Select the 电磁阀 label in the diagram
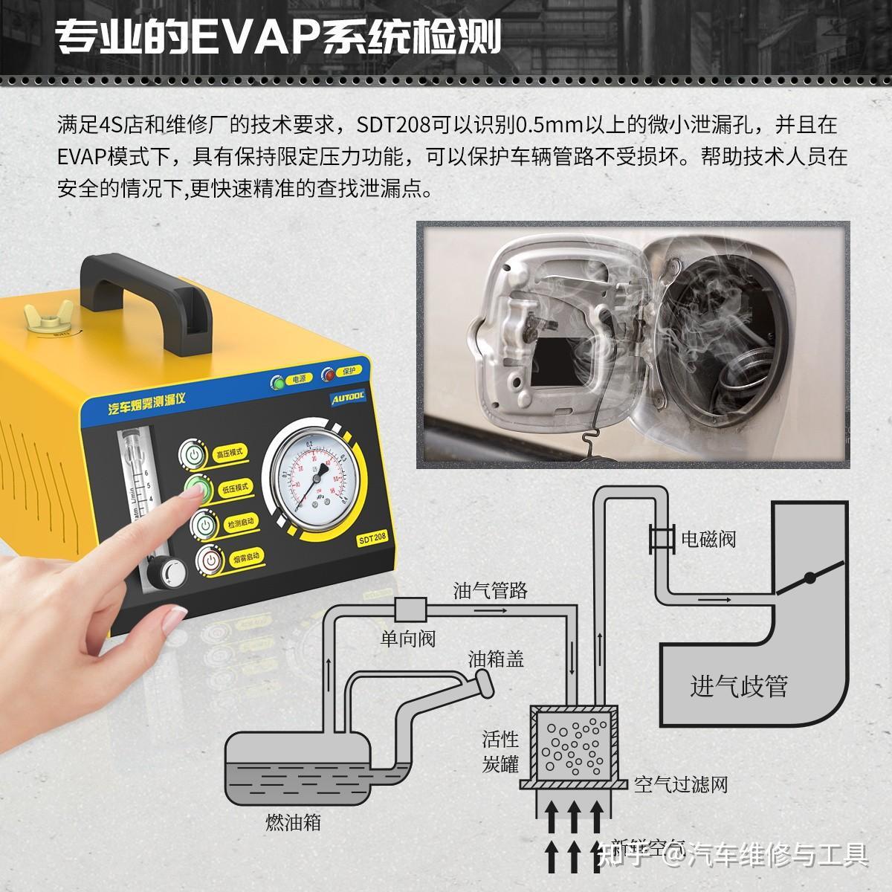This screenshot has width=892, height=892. [708, 539]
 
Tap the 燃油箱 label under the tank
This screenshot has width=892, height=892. [293, 822]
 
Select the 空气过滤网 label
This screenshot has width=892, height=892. [680, 784]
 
